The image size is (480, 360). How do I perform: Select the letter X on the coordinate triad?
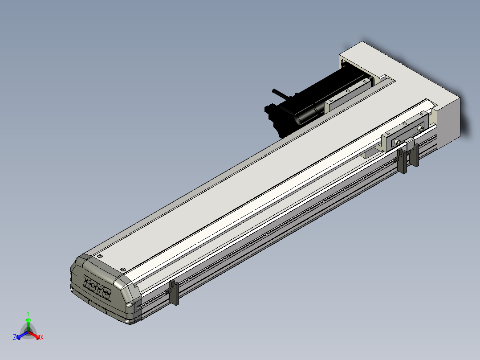pyautogui.click(x=42, y=337)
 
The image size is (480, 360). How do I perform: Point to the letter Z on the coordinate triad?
pyautogui.click(x=15, y=337)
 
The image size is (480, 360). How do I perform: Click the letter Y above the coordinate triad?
pyautogui.click(x=28, y=313)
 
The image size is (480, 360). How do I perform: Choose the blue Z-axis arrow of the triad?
pyautogui.click(x=22, y=335)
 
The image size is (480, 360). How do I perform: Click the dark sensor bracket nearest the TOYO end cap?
pyautogui.click(x=174, y=292)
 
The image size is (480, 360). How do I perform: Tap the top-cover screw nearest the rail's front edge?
pyautogui.click(x=123, y=270)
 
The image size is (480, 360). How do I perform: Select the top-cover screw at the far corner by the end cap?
pyautogui.click(x=99, y=256)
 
